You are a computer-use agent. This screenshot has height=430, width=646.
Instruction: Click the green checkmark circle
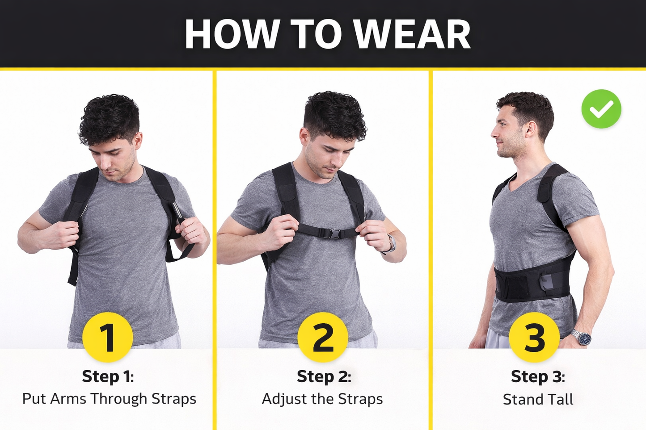(601, 109)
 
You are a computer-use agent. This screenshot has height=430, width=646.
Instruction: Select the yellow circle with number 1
(108, 337)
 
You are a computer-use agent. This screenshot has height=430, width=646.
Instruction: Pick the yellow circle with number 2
(323, 337)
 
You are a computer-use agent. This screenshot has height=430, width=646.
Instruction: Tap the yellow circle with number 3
(534, 337)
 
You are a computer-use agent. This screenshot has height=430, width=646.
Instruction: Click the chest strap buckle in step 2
(334, 233)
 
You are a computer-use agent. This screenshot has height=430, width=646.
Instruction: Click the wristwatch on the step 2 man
(392, 244)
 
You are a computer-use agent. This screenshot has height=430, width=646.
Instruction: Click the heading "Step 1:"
(108, 376)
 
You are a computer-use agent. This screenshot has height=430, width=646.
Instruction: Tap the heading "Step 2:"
(324, 376)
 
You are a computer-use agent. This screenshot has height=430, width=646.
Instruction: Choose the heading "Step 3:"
(538, 376)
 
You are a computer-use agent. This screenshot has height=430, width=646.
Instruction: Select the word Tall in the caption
(561, 399)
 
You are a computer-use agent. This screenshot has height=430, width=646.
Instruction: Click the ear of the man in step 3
(531, 129)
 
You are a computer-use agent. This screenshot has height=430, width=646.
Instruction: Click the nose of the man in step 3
(494, 133)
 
